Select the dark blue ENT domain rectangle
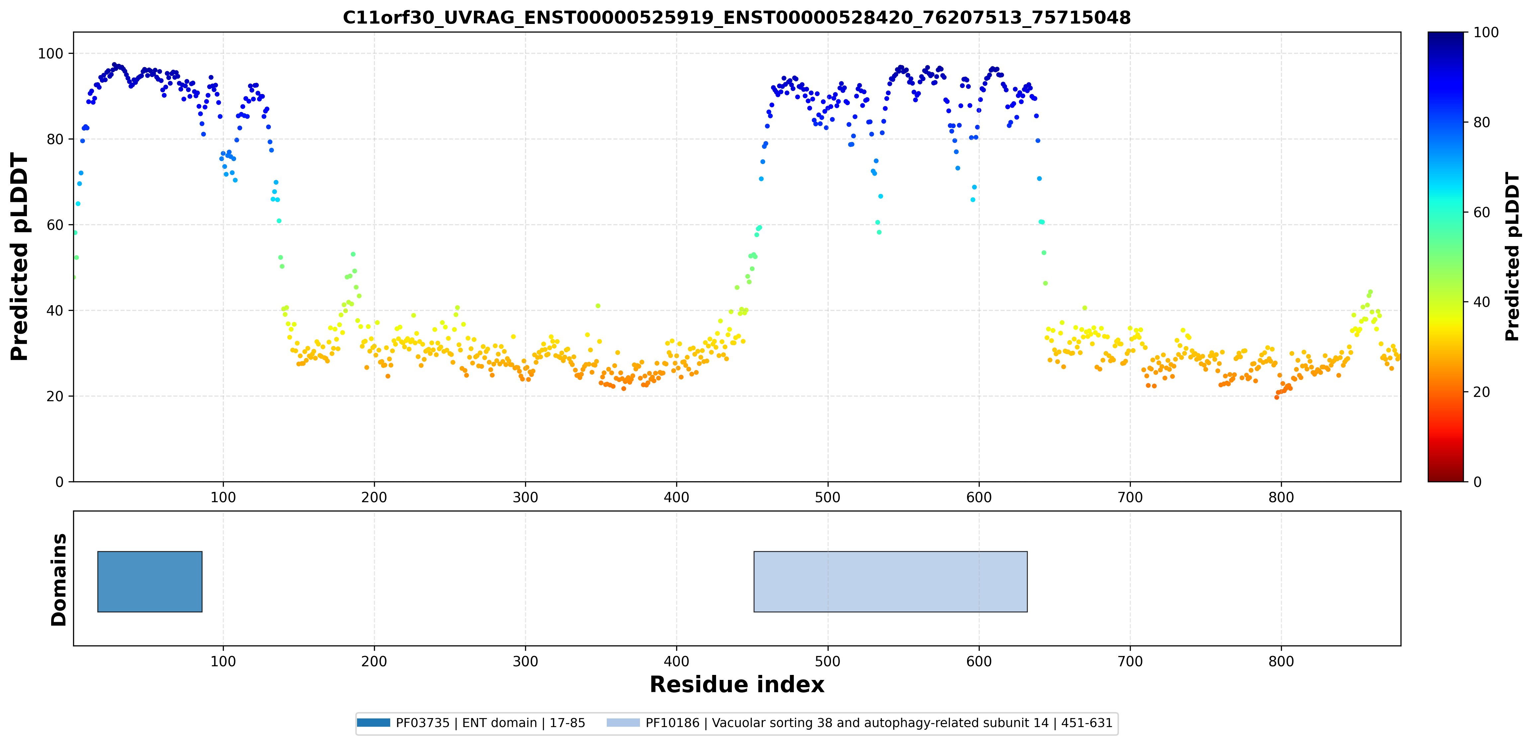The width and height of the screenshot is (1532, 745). pyautogui.click(x=150, y=582)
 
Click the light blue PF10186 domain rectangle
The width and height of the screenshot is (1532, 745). pyautogui.click(x=890, y=582)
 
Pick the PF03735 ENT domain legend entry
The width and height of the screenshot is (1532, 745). pyautogui.click(x=471, y=723)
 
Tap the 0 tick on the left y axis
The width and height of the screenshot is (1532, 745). pyautogui.click(x=59, y=482)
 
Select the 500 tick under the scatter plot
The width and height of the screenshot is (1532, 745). pyautogui.click(x=827, y=497)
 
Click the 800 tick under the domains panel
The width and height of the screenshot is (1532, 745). pyautogui.click(x=1281, y=661)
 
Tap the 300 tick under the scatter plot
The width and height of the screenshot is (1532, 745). pyautogui.click(x=525, y=497)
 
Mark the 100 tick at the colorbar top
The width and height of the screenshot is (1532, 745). pyautogui.click(x=1486, y=33)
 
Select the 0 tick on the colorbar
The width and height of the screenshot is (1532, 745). pyautogui.click(x=1477, y=482)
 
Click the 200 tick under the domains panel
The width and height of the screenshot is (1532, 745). pyautogui.click(x=374, y=661)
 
